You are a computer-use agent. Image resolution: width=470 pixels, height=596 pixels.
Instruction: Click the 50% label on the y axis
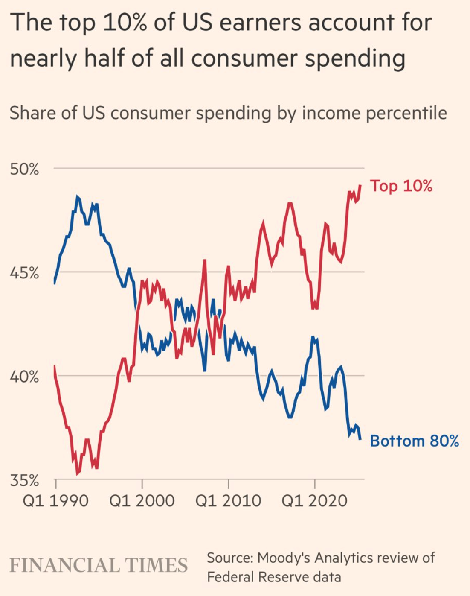(x=24, y=169)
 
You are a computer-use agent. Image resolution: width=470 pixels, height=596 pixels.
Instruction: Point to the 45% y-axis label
(x=24, y=273)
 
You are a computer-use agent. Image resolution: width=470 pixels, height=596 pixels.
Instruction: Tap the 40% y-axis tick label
(x=24, y=377)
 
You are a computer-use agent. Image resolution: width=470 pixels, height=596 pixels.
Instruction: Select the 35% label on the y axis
(x=24, y=481)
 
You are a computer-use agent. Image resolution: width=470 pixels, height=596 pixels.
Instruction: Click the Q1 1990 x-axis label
(x=55, y=500)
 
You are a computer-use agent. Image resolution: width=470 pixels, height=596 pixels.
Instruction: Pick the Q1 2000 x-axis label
(x=142, y=500)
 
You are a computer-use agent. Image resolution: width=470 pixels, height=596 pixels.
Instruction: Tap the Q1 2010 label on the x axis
(x=228, y=500)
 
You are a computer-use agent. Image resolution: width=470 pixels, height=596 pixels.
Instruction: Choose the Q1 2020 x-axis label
(x=315, y=500)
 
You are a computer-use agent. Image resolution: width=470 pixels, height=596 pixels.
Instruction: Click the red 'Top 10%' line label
(x=401, y=186)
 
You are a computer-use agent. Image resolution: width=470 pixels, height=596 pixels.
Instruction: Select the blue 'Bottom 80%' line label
(x=414, y=441)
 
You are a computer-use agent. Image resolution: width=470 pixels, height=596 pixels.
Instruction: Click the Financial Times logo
(x=99, y=565)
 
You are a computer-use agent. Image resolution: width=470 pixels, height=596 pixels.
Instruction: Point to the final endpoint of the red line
(x=361, y=185)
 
